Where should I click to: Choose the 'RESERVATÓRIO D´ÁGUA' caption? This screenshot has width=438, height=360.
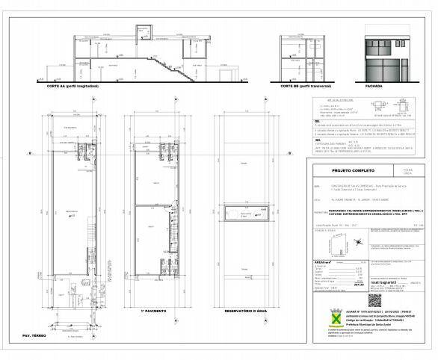[x=246, y=309]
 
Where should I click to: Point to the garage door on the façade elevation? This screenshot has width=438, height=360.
[x=377, y=68]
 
